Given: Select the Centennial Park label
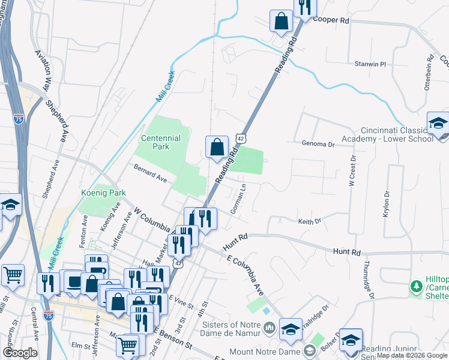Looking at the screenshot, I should pos(160,142).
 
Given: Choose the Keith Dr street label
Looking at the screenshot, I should pos(310,221).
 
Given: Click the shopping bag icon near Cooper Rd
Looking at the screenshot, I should pos(281,22).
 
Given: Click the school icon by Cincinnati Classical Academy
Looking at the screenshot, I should pos(438,124).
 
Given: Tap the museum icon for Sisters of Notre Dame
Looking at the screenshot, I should pos(268,328).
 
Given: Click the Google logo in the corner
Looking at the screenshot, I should pos(20,353).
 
